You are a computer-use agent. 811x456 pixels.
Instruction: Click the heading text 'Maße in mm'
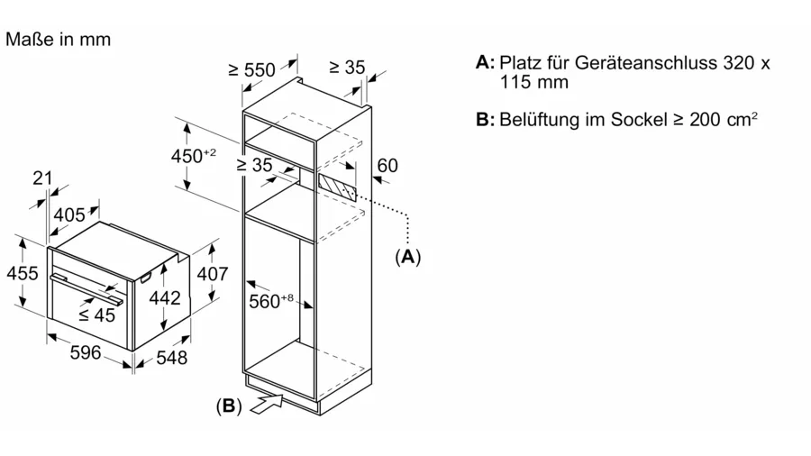(58, 40)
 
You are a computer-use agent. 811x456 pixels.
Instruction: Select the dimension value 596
(86, 352)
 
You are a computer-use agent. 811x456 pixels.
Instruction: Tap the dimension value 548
(171, 357)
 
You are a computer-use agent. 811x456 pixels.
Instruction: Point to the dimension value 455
(23, 273)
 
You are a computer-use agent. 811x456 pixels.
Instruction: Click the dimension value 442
(165, 297)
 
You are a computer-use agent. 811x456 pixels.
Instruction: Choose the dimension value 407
(212, 273)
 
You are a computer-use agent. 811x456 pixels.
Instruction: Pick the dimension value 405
(69, 214)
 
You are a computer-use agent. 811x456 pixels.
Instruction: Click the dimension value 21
(42, 178)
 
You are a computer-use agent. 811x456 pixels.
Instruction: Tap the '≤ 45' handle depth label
(96, 315)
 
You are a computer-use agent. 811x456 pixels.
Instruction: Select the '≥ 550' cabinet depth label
(252, 69)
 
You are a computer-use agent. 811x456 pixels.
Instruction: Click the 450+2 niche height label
(194, 155)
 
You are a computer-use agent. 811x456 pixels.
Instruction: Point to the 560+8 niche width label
(271, 300)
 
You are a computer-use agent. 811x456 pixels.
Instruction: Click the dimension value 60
(387, 166)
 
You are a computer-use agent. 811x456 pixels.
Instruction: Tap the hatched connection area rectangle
(337, 187)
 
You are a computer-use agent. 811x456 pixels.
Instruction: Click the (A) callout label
(408, 257)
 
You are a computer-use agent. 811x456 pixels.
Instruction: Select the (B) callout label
(229, 406)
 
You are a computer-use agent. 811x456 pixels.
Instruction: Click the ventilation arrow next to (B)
(267, 404)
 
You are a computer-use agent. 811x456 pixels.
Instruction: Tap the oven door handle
(87, 290)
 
